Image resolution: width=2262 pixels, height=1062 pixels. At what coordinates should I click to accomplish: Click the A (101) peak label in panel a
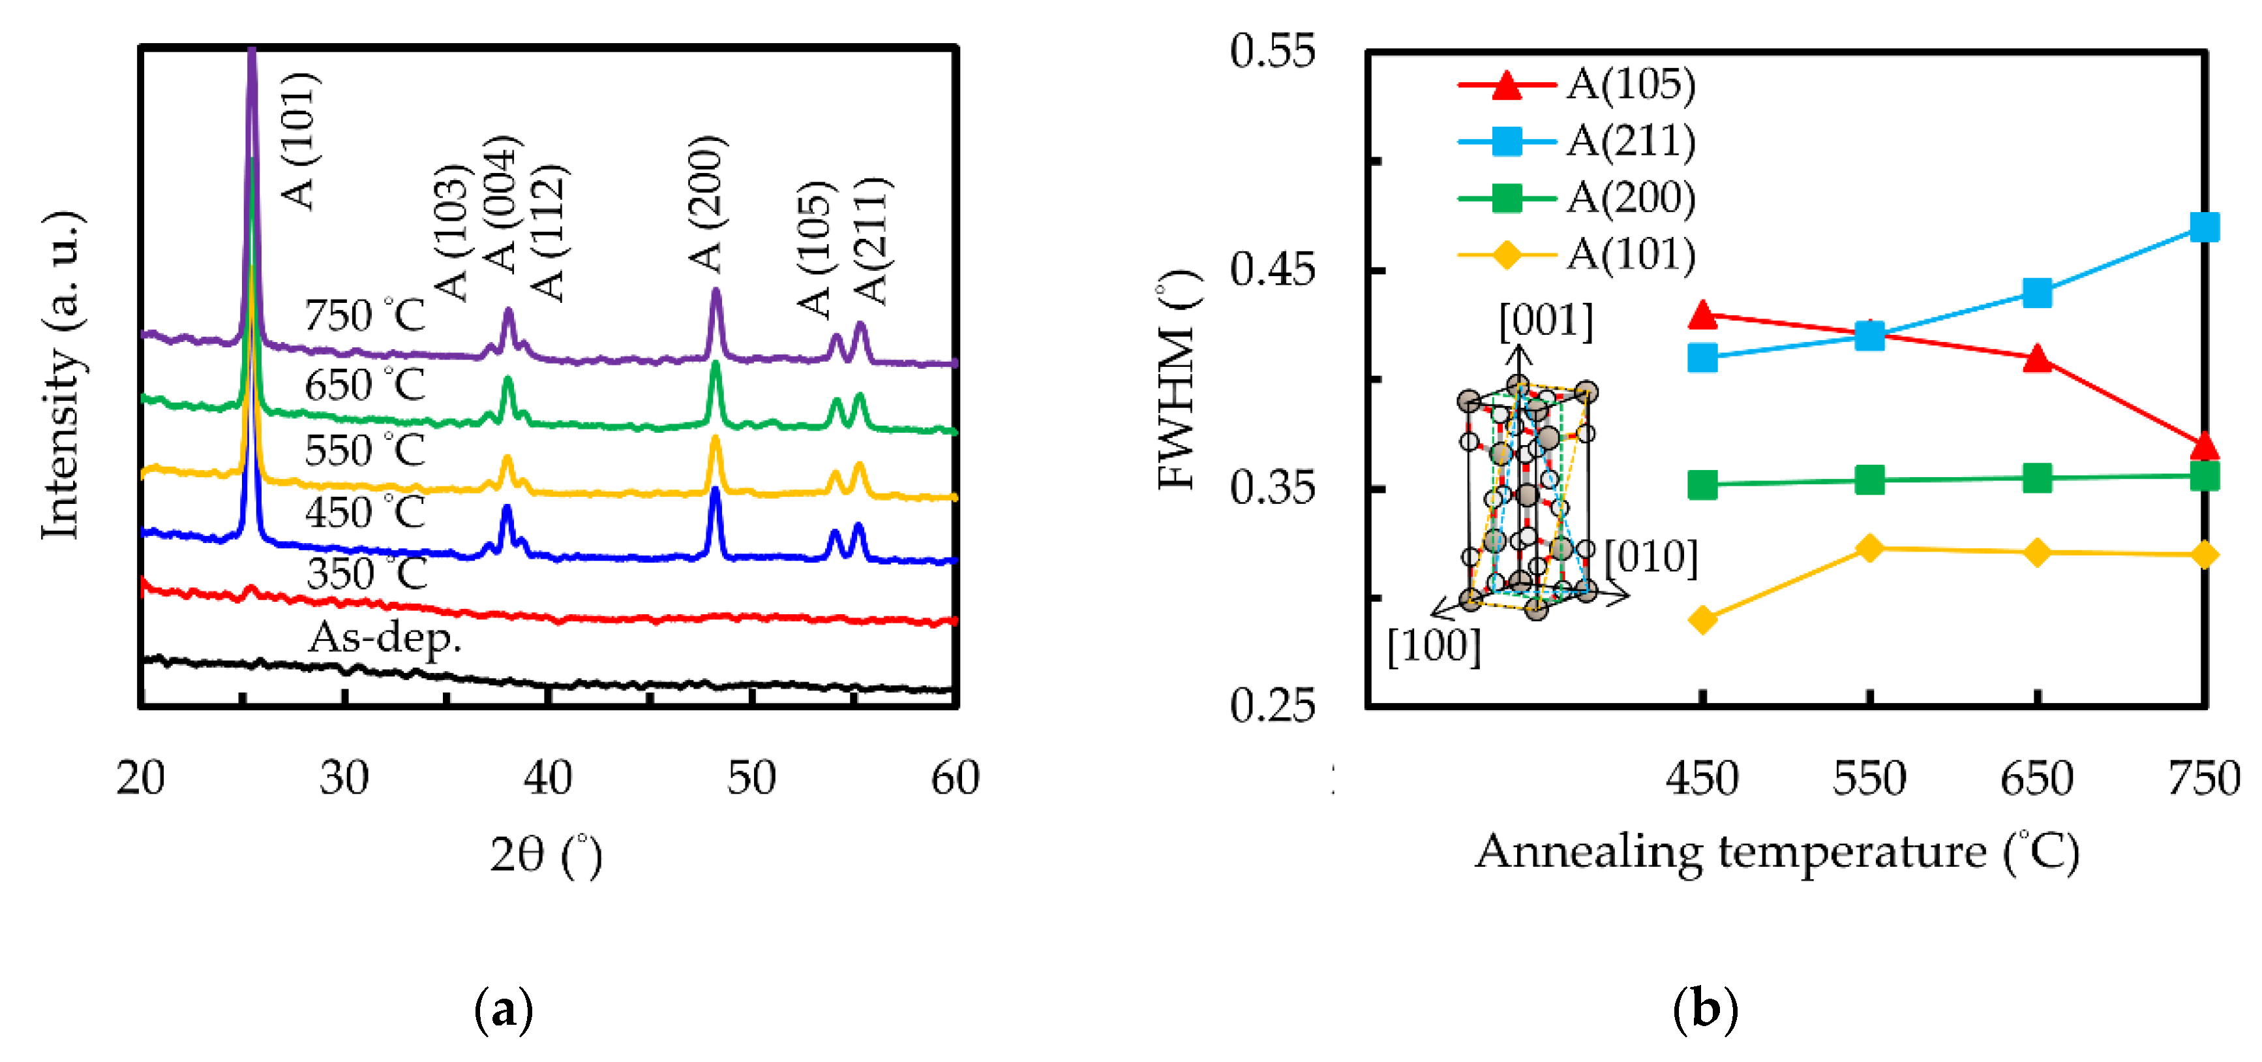coord(299,140)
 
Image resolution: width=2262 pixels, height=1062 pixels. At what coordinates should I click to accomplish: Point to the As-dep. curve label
coord(384,638)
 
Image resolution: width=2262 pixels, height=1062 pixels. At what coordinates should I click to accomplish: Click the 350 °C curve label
coord(366,574)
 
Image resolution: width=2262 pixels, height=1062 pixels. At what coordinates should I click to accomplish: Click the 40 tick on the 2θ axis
coord(548,778)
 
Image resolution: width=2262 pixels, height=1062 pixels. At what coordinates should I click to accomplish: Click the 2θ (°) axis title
coord(546,854)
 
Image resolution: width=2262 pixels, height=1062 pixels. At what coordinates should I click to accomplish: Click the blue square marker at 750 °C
coord(2204,228)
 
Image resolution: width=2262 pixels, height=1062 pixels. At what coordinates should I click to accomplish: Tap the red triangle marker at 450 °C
coord(1702,315)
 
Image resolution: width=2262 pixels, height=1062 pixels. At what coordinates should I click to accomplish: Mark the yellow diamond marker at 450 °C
coord(1702,620)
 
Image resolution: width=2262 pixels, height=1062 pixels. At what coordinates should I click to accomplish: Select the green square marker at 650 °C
coord(2037,478)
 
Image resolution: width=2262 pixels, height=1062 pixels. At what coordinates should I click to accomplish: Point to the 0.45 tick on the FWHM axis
coord(1273,270)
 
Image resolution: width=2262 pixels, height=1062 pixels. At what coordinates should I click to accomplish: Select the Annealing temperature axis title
coord(1777,852)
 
